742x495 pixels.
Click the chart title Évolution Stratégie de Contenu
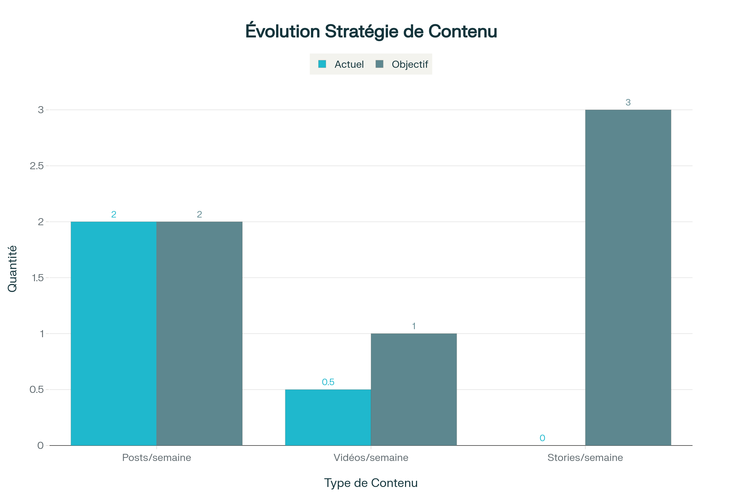[x=371, y=32]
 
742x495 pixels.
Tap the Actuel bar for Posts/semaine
[x=113, y=334]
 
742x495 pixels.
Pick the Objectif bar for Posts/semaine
[x=199, y=334]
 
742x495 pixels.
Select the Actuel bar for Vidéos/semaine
[x=328, y=417]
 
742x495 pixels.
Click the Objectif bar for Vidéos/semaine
[x=414, y=389]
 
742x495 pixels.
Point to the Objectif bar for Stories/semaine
[x=628, y=278]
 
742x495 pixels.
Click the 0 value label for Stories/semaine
[x=542, y=438]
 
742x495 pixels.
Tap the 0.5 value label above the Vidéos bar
[x=328, y=382]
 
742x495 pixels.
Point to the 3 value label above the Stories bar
[x=628, y=103]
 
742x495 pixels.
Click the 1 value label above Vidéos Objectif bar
[x=414, y=326]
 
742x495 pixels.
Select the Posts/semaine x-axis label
[x=156, y=458]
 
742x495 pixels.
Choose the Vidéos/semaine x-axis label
[x=371, y=458]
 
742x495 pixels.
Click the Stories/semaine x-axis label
[x=585, y=458]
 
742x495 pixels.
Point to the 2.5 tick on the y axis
[x=36, y=166]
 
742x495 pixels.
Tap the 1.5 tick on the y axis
[x=37, y=278]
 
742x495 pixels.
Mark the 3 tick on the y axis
[x=41, y=110]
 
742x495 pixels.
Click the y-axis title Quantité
[x=12, y=269]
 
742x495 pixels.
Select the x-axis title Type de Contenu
[x=371, y=483]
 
